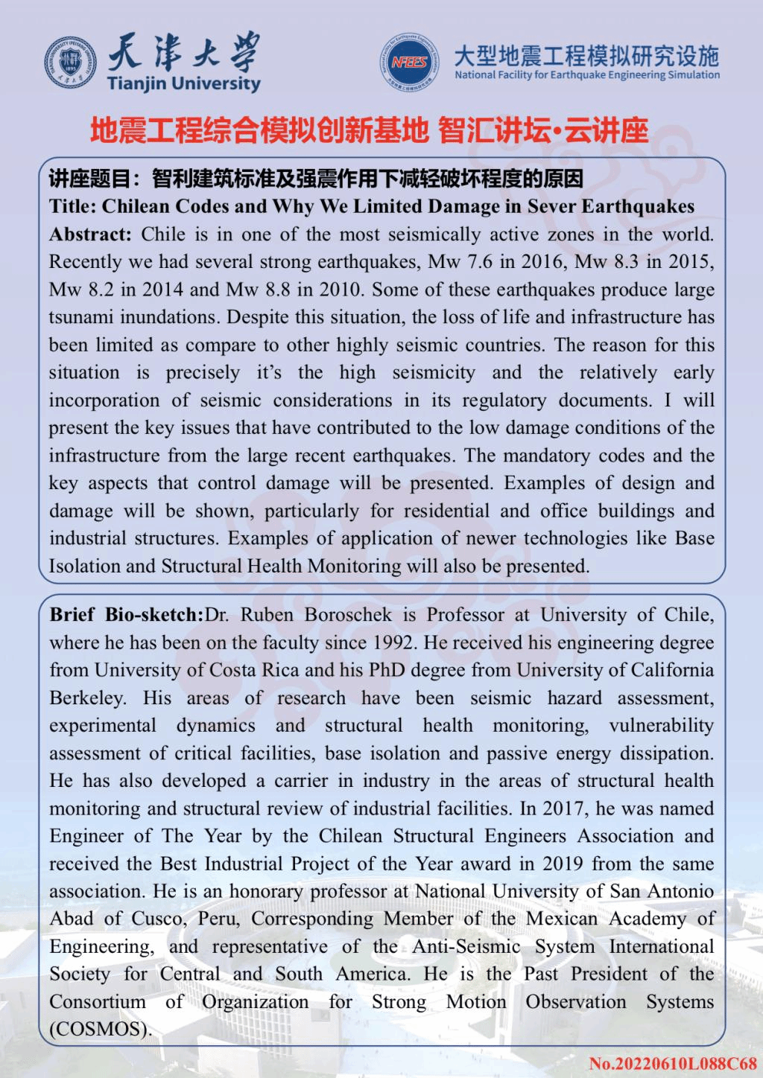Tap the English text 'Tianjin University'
tap(183, 83)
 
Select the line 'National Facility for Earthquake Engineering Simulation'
tap(587, 75)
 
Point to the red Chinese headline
tap(370, 131)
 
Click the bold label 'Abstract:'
tap(90, 235)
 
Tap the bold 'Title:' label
tap(72, 206)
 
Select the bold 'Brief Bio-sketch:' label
tap(127, 615)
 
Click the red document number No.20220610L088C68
tap(672, 1063)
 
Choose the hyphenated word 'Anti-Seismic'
tap(466, 947)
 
